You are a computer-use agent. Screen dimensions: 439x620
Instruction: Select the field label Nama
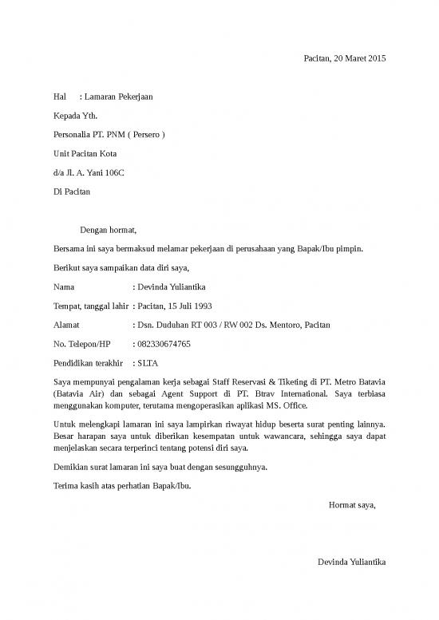(64, 286)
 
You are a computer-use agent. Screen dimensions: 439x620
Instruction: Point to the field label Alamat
(66, 325)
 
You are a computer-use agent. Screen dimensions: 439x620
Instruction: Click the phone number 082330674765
(164, 344)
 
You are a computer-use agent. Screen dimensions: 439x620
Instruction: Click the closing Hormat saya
(352, 504)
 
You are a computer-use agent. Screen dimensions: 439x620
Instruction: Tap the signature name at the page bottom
(351, 562)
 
